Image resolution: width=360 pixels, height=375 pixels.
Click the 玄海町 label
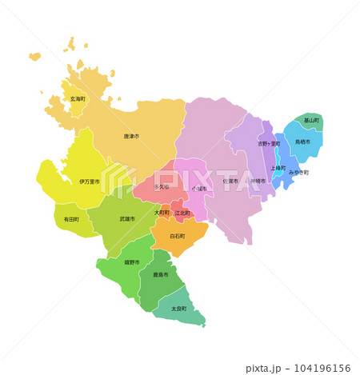[78, 98]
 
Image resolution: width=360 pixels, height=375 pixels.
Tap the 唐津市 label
[131, 137]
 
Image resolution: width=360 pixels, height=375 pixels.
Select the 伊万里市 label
[90, 182]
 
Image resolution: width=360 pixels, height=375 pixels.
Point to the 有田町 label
[70, 218]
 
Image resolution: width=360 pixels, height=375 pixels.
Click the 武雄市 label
[127, 217]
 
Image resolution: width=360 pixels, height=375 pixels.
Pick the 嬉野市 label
[131, 262]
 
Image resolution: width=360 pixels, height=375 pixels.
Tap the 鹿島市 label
[161, 274]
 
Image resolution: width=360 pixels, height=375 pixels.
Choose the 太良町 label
[178, 308]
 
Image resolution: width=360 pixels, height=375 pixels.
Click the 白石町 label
[177, 236]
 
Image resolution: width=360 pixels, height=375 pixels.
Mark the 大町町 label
[162, 213]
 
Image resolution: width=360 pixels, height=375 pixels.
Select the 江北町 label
[182, 213]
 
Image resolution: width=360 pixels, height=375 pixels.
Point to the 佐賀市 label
[230, 181]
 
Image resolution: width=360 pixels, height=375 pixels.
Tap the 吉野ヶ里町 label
[269, 144]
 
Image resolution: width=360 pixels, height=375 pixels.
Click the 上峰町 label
[278, 168]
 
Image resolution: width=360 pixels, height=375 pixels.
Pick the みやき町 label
[298, 173]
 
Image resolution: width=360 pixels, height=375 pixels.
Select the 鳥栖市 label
[303, 142]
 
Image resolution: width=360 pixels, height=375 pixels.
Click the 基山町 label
[311, 120]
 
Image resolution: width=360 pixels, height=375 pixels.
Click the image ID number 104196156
[318, 368]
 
